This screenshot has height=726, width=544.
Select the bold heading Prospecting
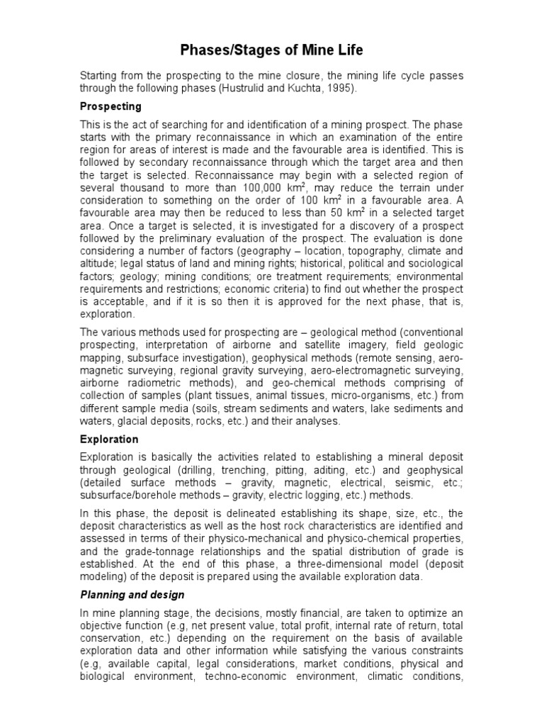[x=110, y=106]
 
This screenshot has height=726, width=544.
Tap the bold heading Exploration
[x=109, y=440]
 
